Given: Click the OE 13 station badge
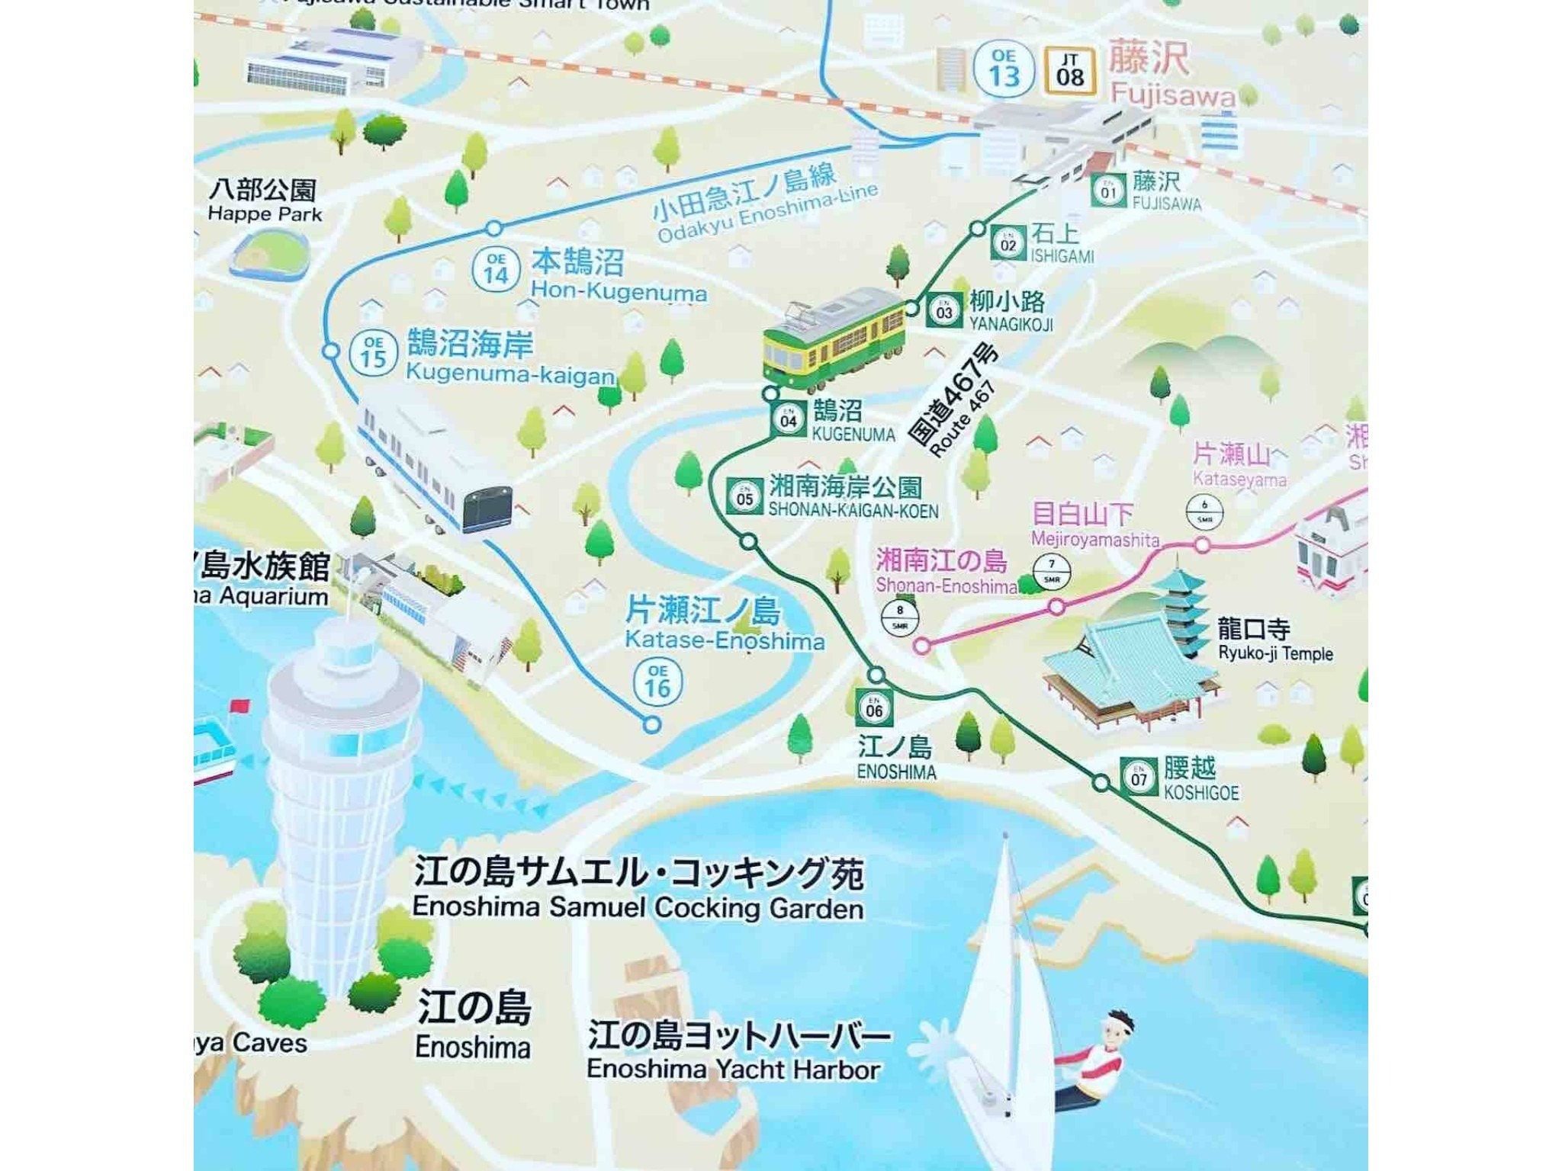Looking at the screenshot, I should coord(1004,69).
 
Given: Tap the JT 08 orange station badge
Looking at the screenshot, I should coord(1070,70).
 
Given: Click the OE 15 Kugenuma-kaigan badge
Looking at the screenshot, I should coord(373,353).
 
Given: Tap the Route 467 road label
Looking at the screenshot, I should coord(953,400).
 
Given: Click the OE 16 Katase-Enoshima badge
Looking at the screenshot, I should coord(657,682).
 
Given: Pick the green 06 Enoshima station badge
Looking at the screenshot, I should coord(874,708).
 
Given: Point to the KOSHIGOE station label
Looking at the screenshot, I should coord(1200,793).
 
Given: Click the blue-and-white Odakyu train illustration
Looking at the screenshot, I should coord(435,465).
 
